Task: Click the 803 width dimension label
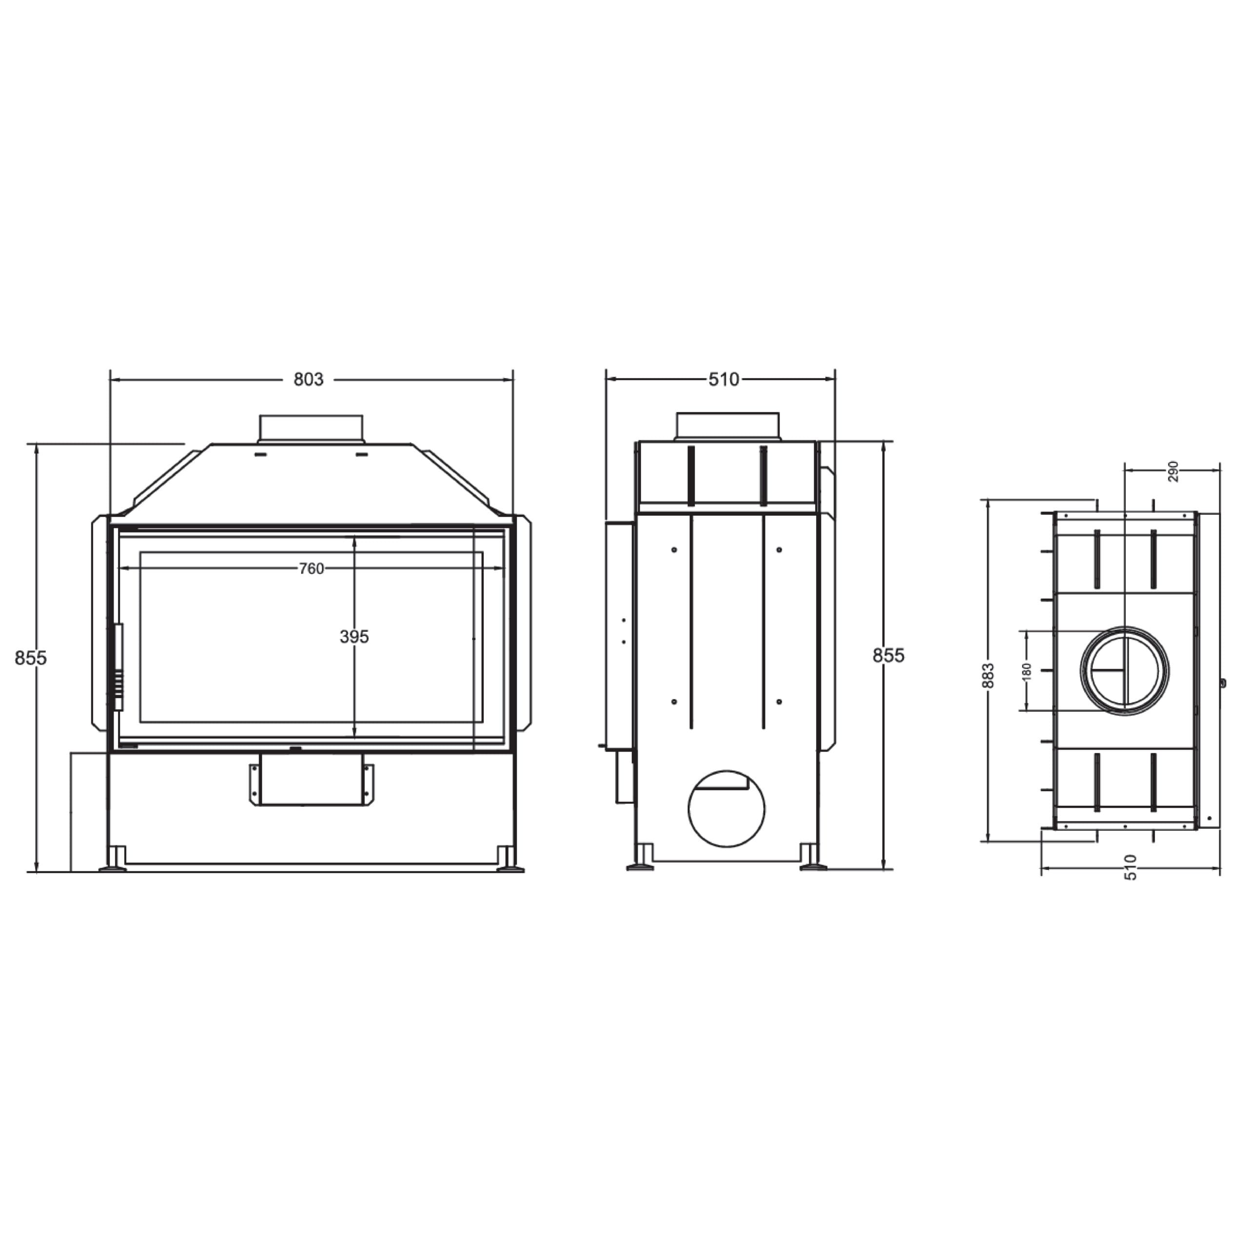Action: click(308, 380)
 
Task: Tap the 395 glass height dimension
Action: click(354, 637)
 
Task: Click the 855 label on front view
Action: click(30, 658)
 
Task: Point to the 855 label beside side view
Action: click(888, 656)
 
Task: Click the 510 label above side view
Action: click(723, 380)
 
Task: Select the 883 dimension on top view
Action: click(988, 676)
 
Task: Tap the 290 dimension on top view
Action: click(1173, 471)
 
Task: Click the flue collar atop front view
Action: click(311, 429)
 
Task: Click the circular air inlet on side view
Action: click(727, 809)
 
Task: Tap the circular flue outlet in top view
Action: click(1125, 670)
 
